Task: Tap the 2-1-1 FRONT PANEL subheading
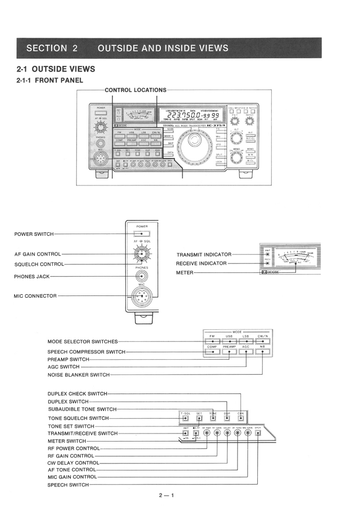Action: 50,80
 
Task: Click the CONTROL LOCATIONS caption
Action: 136,90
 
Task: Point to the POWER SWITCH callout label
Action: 34,234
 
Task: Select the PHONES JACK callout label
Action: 32,277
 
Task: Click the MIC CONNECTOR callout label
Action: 35,296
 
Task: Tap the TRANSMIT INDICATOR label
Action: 204,255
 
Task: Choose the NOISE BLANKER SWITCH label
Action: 79,375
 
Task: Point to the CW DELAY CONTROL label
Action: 73,463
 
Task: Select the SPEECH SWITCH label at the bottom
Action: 68,485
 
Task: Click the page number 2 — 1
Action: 166,495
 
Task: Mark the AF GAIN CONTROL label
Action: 37,254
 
